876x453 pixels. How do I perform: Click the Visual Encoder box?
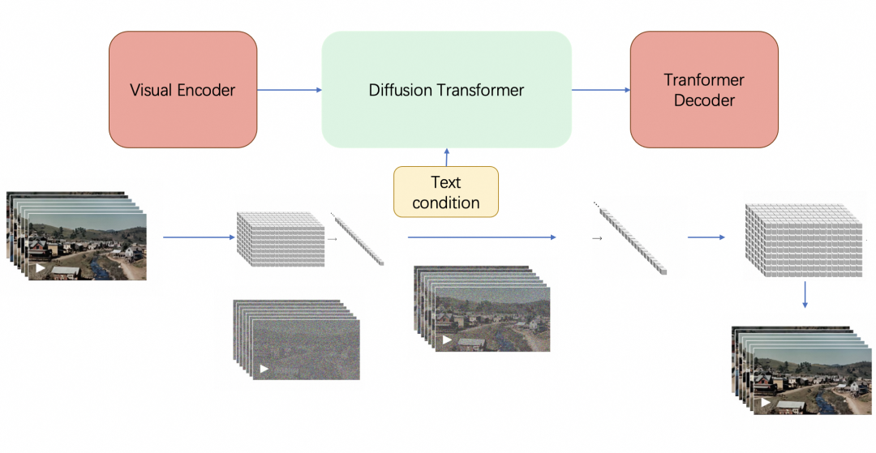point(182,89)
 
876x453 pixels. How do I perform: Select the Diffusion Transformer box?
point(446,89)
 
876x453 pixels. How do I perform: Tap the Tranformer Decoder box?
point(704,89)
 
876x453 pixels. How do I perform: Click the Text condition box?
point(446,192)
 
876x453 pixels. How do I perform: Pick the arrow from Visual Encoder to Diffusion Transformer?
point(290,90)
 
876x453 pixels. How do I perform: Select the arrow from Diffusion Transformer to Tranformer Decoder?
point(601,90)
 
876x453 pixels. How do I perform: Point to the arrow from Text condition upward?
point(446,157)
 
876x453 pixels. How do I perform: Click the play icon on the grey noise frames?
point(264,369)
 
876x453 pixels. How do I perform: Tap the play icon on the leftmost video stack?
point(41,267)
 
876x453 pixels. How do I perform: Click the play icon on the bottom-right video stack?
point(766,402)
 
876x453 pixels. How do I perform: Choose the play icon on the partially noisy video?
point(444,340)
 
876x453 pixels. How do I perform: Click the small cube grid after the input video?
point(280,239)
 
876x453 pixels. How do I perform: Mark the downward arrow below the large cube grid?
point(805,295)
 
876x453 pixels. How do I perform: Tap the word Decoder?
point(704,100)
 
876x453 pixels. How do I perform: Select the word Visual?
point(152,90)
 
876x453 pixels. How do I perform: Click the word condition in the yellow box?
point(446,203)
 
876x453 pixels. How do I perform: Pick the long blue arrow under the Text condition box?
point(482,237)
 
